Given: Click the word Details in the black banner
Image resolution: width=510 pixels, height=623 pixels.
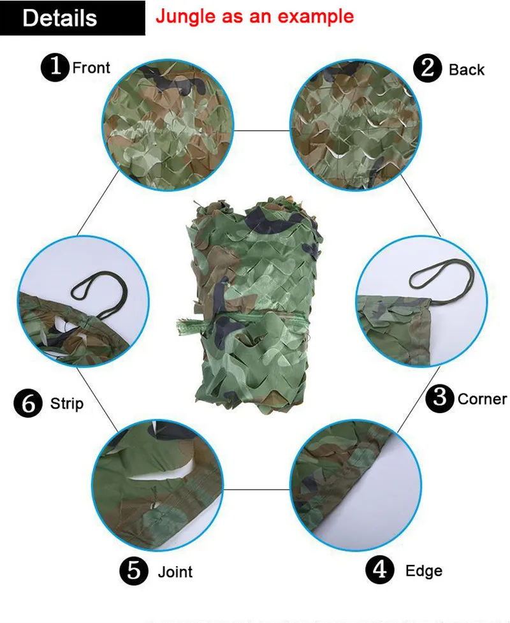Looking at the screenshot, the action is [59, 18].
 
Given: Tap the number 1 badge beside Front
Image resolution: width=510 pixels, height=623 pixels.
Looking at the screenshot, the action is [55, 68].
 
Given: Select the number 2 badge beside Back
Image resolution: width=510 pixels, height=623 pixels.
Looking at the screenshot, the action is [427, 68].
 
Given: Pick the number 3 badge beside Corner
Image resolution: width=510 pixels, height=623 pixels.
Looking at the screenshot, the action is [440, 398].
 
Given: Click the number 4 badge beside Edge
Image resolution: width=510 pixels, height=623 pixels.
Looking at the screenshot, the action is [380, 570].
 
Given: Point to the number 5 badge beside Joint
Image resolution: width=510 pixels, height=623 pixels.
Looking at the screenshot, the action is [134, 571].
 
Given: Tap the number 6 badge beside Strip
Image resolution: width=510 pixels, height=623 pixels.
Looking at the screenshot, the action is [28, 403].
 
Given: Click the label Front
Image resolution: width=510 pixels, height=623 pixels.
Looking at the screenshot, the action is [91, 68].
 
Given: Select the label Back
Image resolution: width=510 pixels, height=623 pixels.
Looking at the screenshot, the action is [467, 70].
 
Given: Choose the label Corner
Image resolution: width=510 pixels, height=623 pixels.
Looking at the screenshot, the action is [482, 399].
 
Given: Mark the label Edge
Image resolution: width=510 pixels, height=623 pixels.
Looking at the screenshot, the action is [424, 571].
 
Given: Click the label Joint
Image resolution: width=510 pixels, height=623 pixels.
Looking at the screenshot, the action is [175, 572].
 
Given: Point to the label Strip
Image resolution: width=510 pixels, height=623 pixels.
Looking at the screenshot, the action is [67, 404].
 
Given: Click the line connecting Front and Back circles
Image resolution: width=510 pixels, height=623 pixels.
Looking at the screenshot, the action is [262, 130].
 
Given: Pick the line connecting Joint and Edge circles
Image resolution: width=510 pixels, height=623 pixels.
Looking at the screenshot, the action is [256, 489].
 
